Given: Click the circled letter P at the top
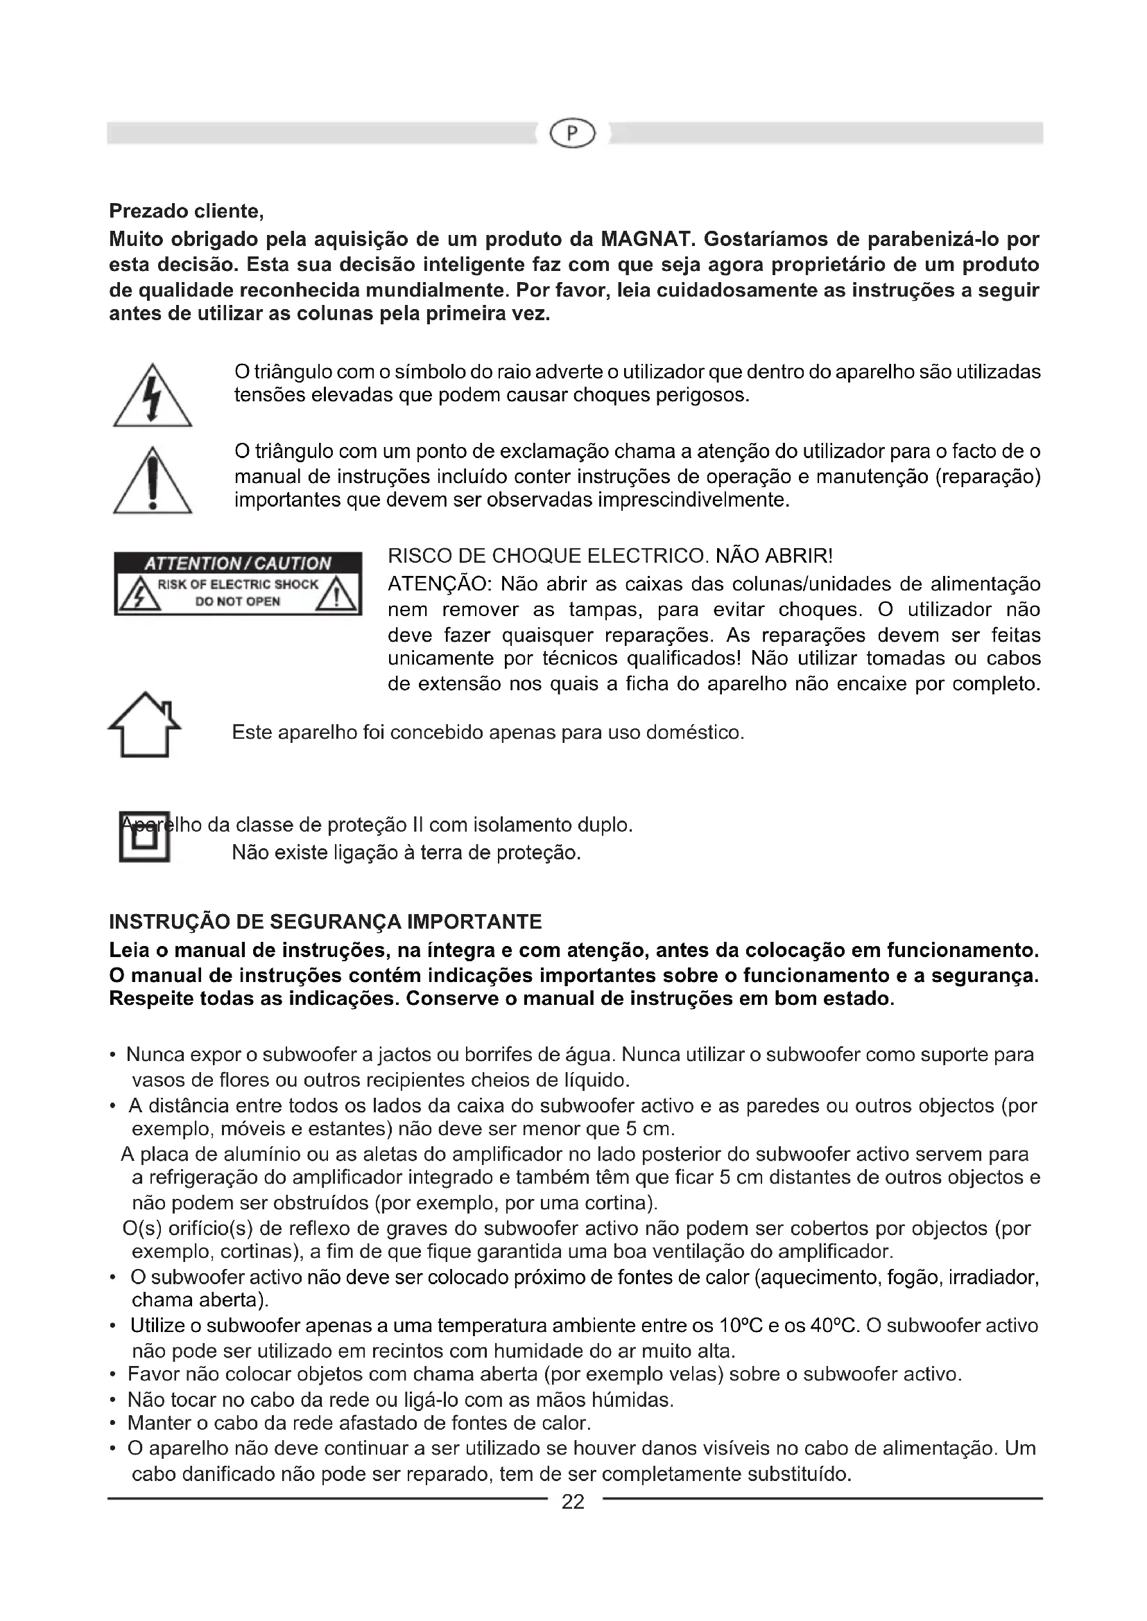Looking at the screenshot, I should (x=572, y=133).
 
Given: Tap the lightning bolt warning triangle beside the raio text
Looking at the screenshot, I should (x=153, y=397).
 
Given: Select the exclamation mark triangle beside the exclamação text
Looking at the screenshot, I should (x=153, y=482).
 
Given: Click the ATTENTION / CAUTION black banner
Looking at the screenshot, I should (x=238, y=563).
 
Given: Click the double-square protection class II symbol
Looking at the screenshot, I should (x=145, y=837).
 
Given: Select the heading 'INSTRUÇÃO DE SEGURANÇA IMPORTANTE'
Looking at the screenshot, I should (x=326, y=921).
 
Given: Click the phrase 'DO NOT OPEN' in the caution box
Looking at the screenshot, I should (x=238, y=602).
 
